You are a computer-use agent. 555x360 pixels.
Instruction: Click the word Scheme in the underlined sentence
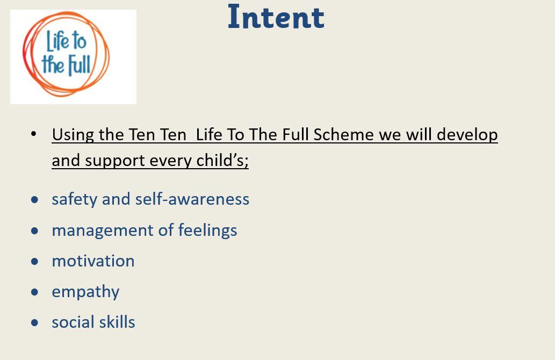point(344,134)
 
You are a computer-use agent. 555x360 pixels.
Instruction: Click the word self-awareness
point(192,199)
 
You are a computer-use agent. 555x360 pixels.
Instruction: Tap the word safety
point(74,199)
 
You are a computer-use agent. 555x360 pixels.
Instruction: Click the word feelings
point(207,231)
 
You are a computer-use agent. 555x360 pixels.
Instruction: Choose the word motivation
point(93,261)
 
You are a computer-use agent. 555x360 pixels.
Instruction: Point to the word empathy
point(85,292)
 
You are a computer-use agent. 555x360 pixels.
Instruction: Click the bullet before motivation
point(35,262)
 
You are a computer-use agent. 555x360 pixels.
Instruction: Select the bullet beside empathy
point(35,292)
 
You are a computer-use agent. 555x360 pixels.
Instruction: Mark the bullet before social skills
point(35,323)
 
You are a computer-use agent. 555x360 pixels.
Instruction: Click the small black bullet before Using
point(34,134)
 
